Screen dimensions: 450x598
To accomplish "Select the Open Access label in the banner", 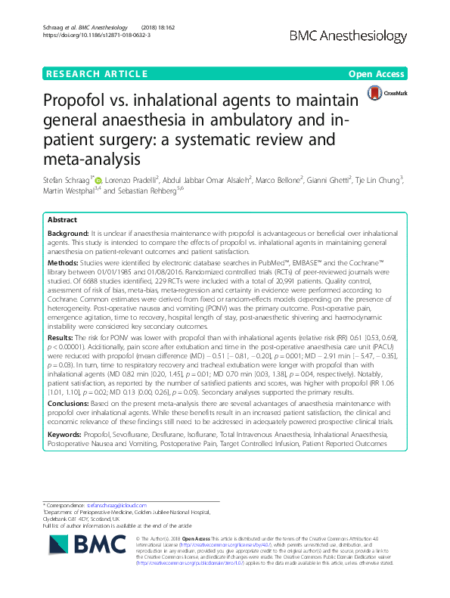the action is click(378, 73).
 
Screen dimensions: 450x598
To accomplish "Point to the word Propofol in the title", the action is click(81, 101).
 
